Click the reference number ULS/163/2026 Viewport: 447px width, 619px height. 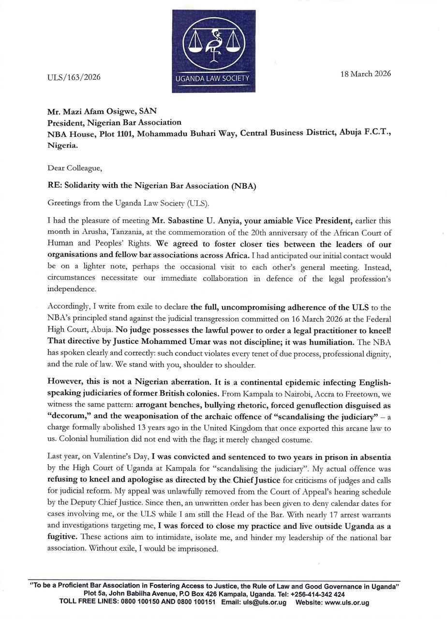[74, 78]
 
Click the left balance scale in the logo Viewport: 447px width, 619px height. [195, 43]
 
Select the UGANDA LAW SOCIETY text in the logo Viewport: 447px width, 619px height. [213, 78]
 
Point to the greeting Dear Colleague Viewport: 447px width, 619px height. [75, 168]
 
